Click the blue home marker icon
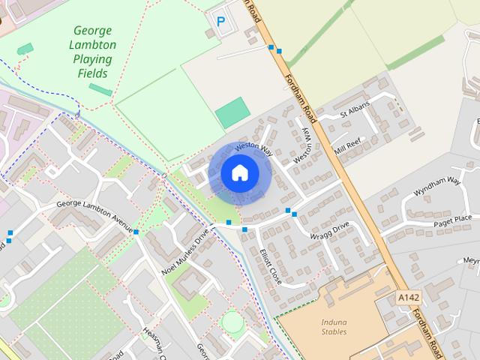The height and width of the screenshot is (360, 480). [x=239, y=172]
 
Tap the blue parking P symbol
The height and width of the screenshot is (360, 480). [x=220, y=22]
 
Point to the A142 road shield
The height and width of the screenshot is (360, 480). [x=409, y=298]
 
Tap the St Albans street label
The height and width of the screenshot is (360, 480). [x=355, y=109]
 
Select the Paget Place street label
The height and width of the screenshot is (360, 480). [x=452, y=218]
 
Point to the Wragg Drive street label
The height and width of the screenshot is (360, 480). [x=330, y=231]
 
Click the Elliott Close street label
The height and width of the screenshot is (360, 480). [x=270, y=265]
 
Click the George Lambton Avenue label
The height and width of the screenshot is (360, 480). [x=94, y=216]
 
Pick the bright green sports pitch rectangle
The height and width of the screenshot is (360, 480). [x=232, y=112]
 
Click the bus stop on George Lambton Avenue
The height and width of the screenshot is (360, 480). [x=136, y=232]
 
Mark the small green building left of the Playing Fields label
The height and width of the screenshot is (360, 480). [x=25, y=49]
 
